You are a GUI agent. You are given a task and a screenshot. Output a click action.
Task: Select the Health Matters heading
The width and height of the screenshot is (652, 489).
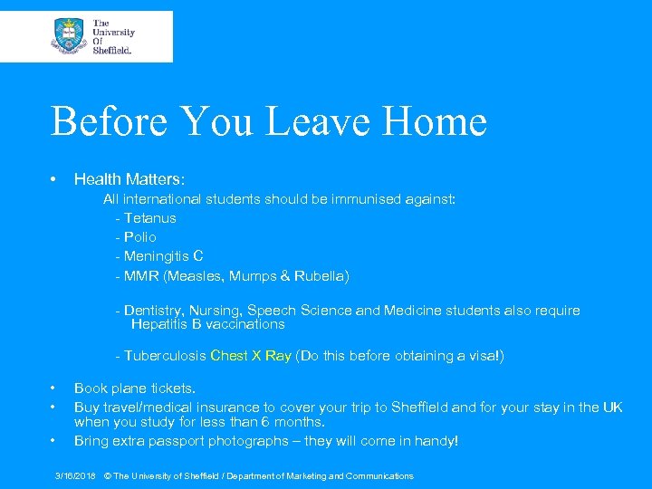click(129, 180)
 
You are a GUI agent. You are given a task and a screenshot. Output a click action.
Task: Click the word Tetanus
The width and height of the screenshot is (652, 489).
click(150, 218)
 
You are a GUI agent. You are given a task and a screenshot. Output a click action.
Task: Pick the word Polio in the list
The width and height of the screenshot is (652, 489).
click(140, 237)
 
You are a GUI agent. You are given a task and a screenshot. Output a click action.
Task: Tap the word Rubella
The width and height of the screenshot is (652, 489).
click(320, 275)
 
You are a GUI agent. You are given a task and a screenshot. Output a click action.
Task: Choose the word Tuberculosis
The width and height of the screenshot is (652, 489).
click(165, 356)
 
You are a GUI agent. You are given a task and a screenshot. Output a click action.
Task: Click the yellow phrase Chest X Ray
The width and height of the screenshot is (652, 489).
click(251, 356)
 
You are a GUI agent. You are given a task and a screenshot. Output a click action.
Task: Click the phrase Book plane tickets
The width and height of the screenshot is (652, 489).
click(135, 388)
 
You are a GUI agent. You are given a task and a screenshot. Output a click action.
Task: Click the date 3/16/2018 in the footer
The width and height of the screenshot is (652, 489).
click(76, 475)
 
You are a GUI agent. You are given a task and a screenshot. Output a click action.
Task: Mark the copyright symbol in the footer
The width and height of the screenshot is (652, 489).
click(108, 475)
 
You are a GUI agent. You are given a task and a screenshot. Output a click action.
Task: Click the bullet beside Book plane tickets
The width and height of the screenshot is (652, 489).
click(54, 388)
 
